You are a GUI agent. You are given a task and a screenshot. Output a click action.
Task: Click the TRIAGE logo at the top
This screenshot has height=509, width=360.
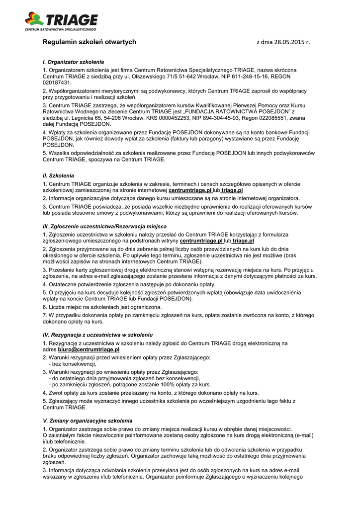click(61, 21)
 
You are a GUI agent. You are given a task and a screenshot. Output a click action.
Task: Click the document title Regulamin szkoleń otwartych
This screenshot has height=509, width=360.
click(89, 42)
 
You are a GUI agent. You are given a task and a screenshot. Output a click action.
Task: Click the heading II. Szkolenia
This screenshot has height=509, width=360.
click(58, 175)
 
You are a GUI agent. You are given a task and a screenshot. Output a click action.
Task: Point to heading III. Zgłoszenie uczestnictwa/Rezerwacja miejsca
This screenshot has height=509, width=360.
click(105, 226)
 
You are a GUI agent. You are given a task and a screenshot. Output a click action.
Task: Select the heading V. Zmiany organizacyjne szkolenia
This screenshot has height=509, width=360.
click(88, 421)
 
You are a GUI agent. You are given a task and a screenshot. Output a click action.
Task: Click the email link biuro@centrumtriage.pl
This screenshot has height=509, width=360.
click(92, 350)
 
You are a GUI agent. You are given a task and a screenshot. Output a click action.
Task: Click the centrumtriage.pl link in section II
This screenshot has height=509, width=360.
click(190, 190)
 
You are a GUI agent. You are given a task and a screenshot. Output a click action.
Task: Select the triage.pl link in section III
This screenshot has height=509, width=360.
click(243, 241)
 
